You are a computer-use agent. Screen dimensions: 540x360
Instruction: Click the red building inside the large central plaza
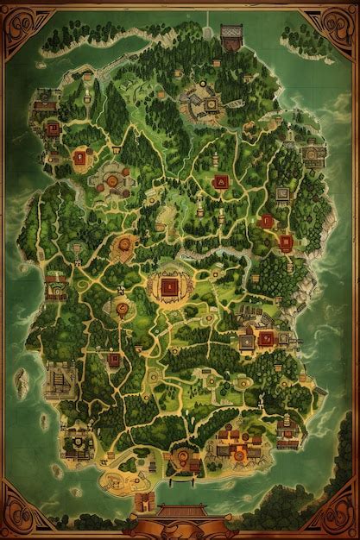click(168, 286)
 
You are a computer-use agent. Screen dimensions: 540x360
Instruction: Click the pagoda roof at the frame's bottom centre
click(180, 511)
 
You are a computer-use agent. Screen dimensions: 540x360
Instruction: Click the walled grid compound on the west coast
click(59, 376)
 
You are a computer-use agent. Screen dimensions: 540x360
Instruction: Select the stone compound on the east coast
click(311, 155)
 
